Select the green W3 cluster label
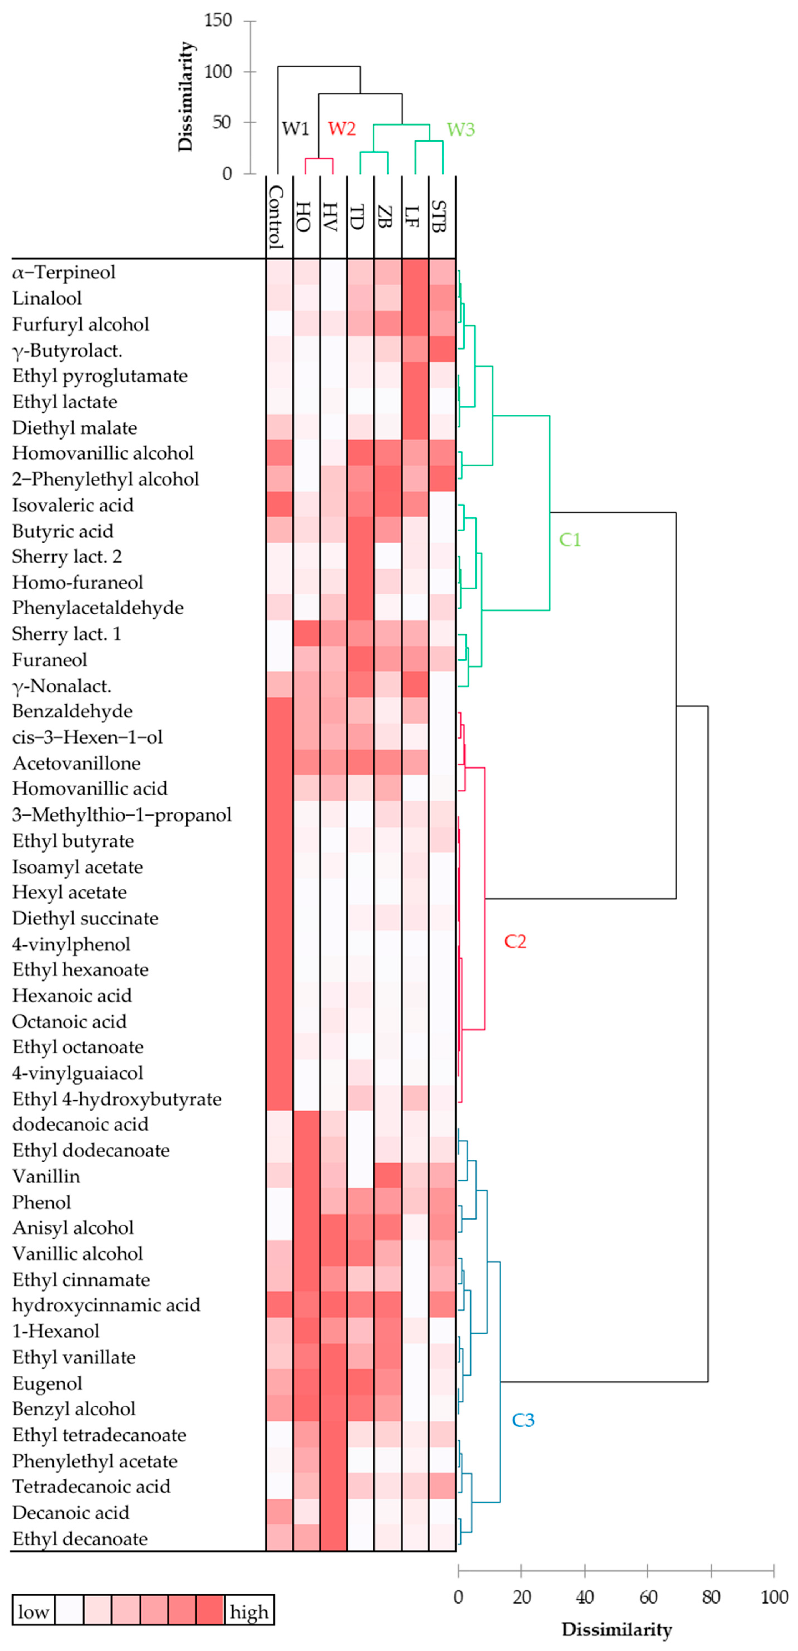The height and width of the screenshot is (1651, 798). pos(460,129)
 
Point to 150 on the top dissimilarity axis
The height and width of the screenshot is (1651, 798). pos(218,21)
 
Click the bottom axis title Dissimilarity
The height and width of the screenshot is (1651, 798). pos(616,1630)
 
